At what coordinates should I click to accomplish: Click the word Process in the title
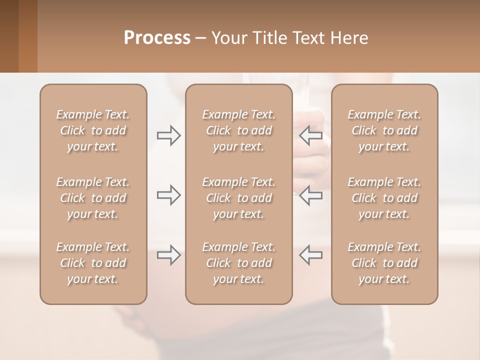157,38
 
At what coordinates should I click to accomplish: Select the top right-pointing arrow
169,135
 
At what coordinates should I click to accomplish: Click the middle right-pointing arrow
169,195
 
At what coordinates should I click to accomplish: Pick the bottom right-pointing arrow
169,255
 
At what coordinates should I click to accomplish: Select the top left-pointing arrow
310,135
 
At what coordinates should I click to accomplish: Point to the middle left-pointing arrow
310,195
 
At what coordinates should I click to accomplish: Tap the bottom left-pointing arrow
310,255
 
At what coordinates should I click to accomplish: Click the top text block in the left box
93,130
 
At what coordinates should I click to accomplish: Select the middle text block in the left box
93,198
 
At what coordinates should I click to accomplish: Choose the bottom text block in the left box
93,263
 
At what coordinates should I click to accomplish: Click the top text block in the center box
238,130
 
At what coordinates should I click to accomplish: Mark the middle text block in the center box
238,198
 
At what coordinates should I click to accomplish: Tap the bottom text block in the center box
238,263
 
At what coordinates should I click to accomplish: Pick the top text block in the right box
384,130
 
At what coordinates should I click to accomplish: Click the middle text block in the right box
384,198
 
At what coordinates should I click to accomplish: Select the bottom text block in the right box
384,263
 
